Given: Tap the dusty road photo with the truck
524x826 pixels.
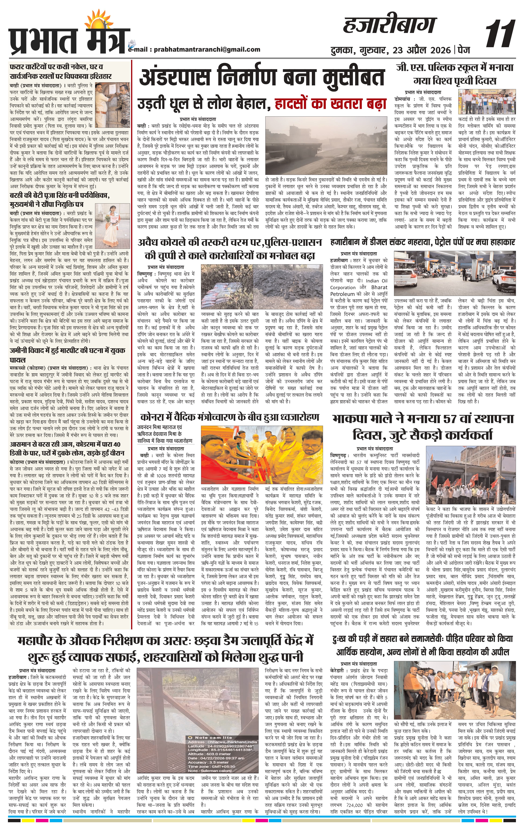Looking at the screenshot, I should click(326, 147).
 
